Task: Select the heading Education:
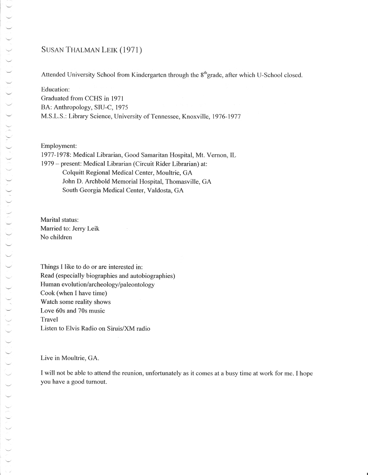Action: pos(55,89)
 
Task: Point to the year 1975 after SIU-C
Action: pos(121,107)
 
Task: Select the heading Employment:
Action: pos(58,146)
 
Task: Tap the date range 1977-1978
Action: pos(55,155)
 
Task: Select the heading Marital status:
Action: pos(59,220)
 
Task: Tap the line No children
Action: pos(56,237)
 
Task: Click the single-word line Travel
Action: pos(49,320)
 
